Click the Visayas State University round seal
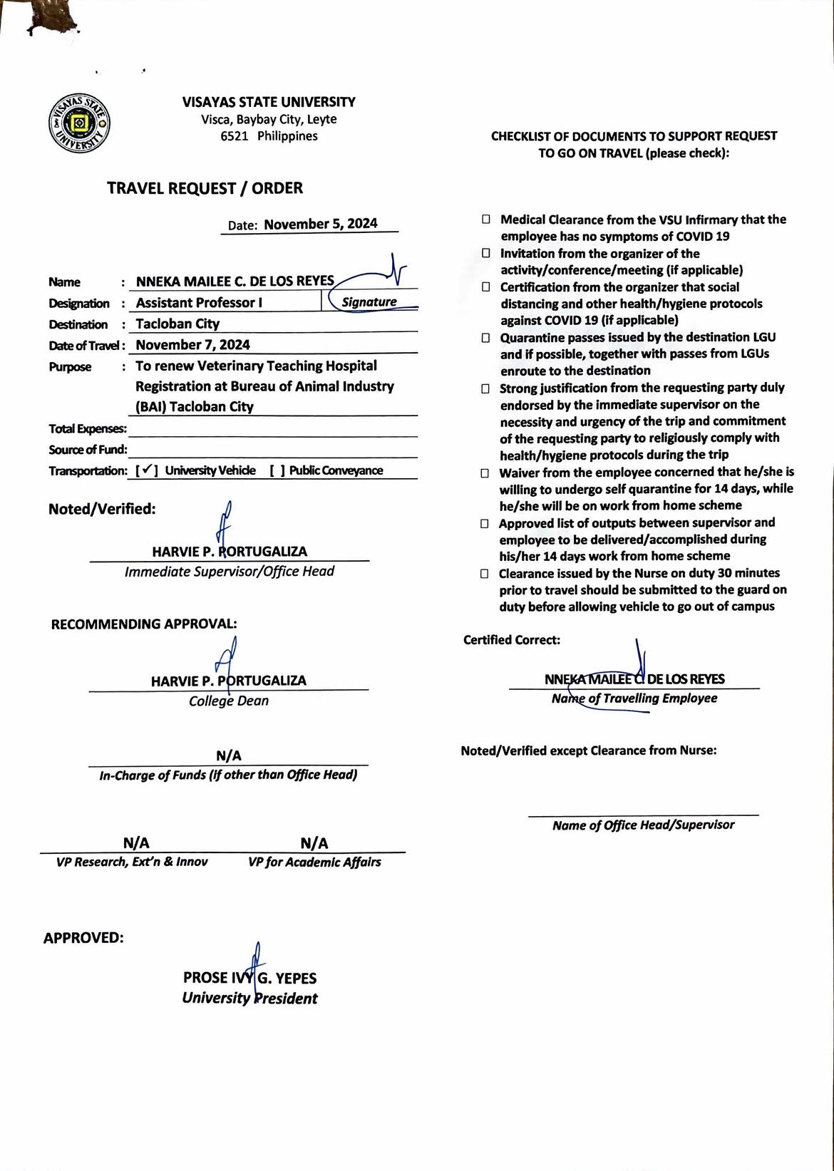coord(79,123)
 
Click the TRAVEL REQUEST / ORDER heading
coord(205,188)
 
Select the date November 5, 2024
coord(320,224)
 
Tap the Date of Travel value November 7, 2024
coord(192,345)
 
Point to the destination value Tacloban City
coord(177,324)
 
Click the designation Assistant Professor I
coord(199,302)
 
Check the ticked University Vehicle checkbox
coord(146,470)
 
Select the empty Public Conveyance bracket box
coord(277,470)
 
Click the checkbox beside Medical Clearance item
coord(485,220)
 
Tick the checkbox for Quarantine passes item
coord(485,338)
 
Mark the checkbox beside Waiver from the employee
coord(485,473)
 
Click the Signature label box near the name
coord(369,301)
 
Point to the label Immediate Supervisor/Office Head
coord(229,572)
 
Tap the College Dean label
coord(229,701)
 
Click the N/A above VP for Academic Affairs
coord(314,844)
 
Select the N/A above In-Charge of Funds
coord(229,755)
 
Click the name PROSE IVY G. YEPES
coord(249,978)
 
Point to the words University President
coord(249,999)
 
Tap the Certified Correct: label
coord(512,640)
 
